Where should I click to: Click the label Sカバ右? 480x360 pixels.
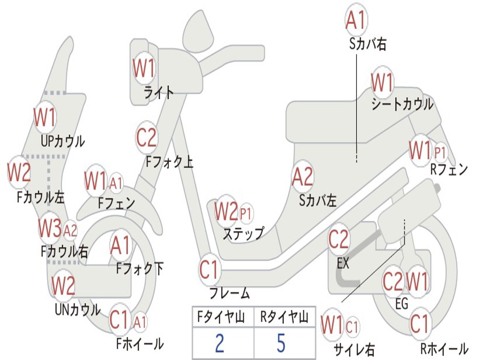367,45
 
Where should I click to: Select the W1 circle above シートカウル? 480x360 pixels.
382,83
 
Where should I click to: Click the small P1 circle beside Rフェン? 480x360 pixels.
440,152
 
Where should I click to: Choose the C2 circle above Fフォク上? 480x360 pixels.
146,138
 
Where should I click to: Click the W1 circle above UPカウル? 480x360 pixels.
45,118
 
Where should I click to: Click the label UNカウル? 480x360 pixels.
77,310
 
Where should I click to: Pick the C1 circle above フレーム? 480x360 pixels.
209,270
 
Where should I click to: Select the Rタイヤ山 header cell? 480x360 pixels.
284,318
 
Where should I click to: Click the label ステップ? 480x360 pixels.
243,233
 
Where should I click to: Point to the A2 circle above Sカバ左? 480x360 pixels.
302,177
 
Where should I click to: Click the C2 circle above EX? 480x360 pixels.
338,240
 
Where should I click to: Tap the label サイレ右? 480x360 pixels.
354,349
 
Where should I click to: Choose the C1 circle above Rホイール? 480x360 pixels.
420,323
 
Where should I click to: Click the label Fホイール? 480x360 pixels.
140,344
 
